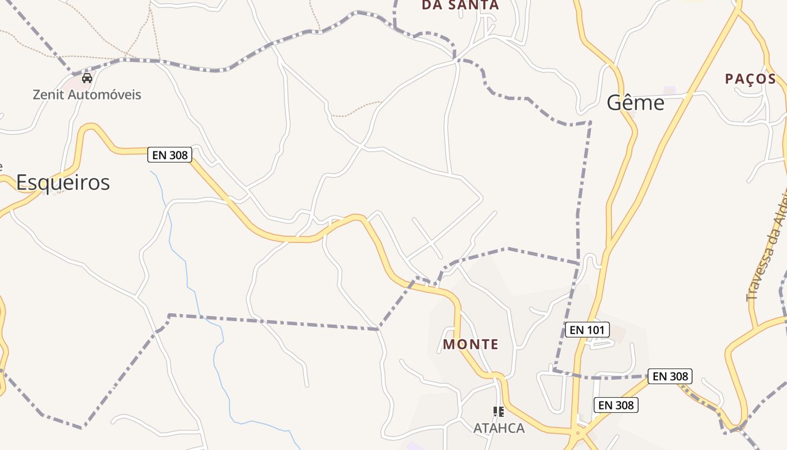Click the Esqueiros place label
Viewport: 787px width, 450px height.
click(63, 182)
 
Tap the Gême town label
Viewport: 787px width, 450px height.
click(636, 103)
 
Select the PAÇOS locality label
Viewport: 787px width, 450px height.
click(750, 79)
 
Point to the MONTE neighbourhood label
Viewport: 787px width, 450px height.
click(471, 344)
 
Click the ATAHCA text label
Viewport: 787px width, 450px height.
click(499, 428)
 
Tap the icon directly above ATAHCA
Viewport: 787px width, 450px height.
click(498, 412)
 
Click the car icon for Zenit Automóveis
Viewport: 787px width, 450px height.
click(87, 78)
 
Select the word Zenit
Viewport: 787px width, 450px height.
click(49, 94)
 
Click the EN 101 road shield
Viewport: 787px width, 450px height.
click(587, 330)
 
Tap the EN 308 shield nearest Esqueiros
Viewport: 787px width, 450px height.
click(170, 155)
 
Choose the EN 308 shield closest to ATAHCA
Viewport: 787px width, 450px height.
click(616, 405)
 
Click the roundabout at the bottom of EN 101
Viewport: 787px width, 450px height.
click(578, 433)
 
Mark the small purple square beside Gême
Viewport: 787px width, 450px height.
click(669, 90)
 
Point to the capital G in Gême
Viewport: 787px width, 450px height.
click(615, 103)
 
